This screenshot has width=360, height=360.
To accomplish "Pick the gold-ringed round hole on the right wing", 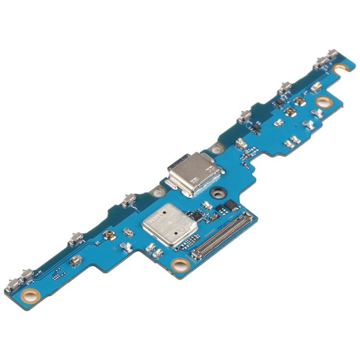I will (324, 102).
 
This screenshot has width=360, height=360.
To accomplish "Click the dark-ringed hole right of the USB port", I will (219, 193).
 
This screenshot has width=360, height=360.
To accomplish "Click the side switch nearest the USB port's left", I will (128, 199).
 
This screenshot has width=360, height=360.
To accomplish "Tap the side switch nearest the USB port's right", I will (243, 116).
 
